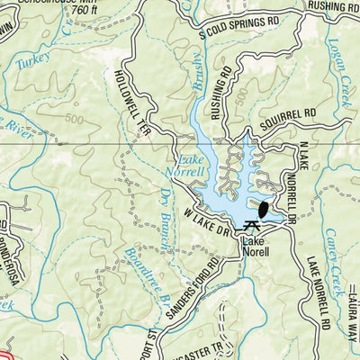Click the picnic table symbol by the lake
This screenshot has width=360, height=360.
tap(248, 226)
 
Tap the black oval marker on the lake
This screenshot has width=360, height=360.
tap(263, 211)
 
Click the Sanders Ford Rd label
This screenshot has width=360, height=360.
tap(192, 288)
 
